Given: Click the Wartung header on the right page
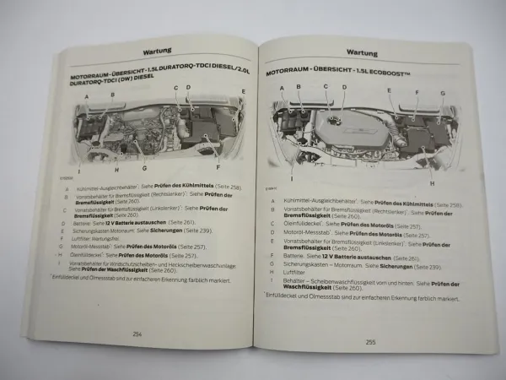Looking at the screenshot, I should [x=360, y=52].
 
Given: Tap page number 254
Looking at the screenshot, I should [x=137, y=334].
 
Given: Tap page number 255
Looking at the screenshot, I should [x=369, y=342].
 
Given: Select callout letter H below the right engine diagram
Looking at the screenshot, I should [x=431, y=184].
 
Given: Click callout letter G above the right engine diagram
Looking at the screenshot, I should [x=443, y=93].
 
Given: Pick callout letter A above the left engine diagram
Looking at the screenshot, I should [x=86, y=98].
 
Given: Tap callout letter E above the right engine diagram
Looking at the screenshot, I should [x=389, y=90].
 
